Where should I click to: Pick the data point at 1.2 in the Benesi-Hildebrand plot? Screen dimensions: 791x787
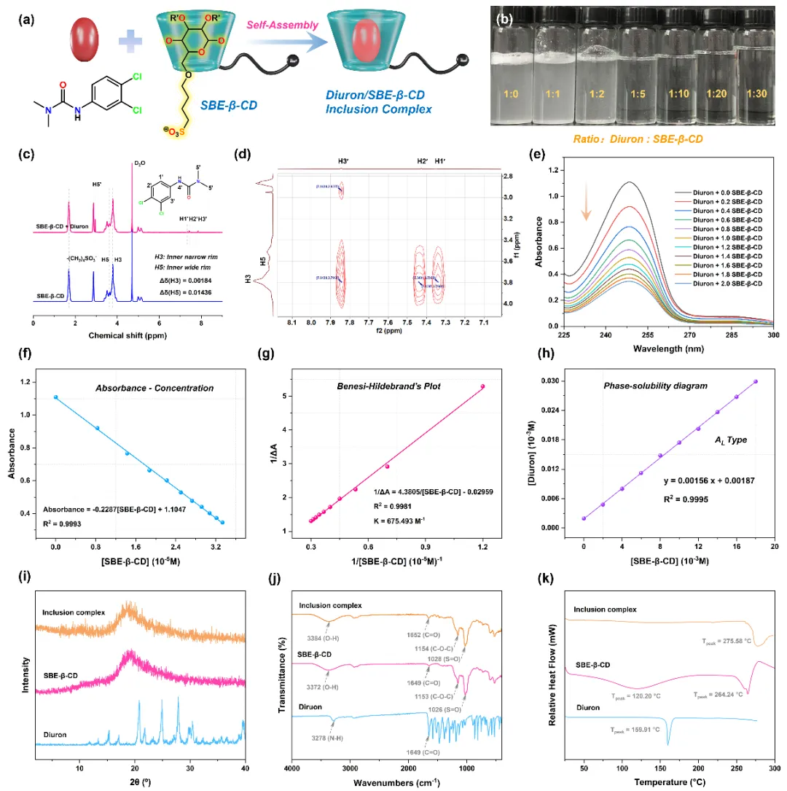coord(482,386)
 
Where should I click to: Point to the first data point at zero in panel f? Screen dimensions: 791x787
coord(55,397)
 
